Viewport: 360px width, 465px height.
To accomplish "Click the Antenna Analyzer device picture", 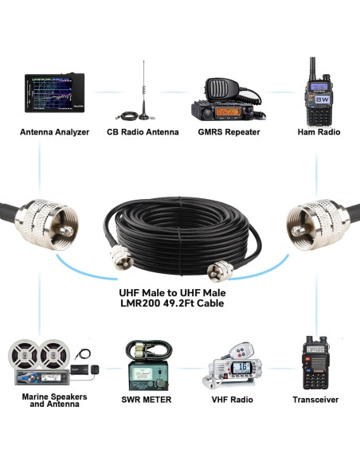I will pyautogui.click(x=54, y=97).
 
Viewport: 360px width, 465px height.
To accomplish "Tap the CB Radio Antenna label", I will pyautogui.click(x=143, y=132).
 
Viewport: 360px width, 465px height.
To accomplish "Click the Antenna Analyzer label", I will pyautogui.click(x=54, y=132).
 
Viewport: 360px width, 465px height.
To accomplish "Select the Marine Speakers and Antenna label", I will pyautogui.click(x=54, y=400).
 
